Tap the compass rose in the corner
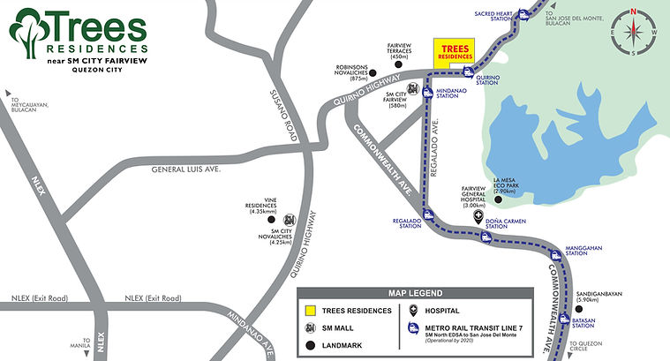coord(634,32)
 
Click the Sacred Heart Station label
coord(493,17)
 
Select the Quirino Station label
coord(487,79)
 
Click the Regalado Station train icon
coord(428,214)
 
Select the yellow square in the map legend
coord(310,311)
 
